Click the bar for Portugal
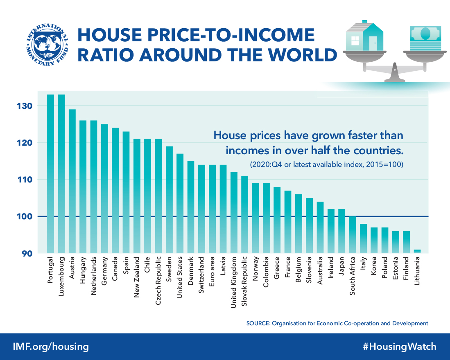pos(50,173)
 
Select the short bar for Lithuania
pos(417,251)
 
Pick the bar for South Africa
pos(352,234)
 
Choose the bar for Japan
pos(341,231)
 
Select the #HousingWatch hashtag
pos(399,347)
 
